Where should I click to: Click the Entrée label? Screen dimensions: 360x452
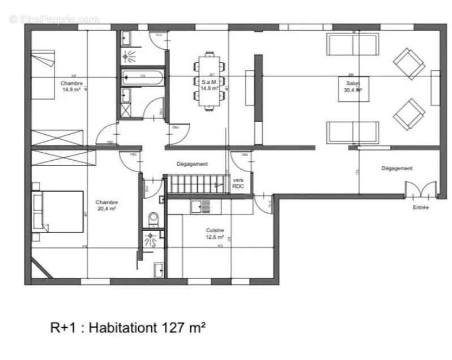421,208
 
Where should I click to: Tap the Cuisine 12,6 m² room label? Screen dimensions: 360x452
215,234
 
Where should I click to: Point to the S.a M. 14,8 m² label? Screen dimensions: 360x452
209,85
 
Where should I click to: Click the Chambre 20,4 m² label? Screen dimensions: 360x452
106,205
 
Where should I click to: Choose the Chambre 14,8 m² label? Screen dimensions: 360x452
72,86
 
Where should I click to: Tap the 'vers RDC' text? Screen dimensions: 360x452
238,182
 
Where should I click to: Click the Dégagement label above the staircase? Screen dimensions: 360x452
191,164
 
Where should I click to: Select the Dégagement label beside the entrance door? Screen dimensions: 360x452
396,169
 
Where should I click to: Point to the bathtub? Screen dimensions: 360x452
142,77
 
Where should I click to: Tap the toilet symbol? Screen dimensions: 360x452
152,218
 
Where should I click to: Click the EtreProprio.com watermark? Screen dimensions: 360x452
54,19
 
